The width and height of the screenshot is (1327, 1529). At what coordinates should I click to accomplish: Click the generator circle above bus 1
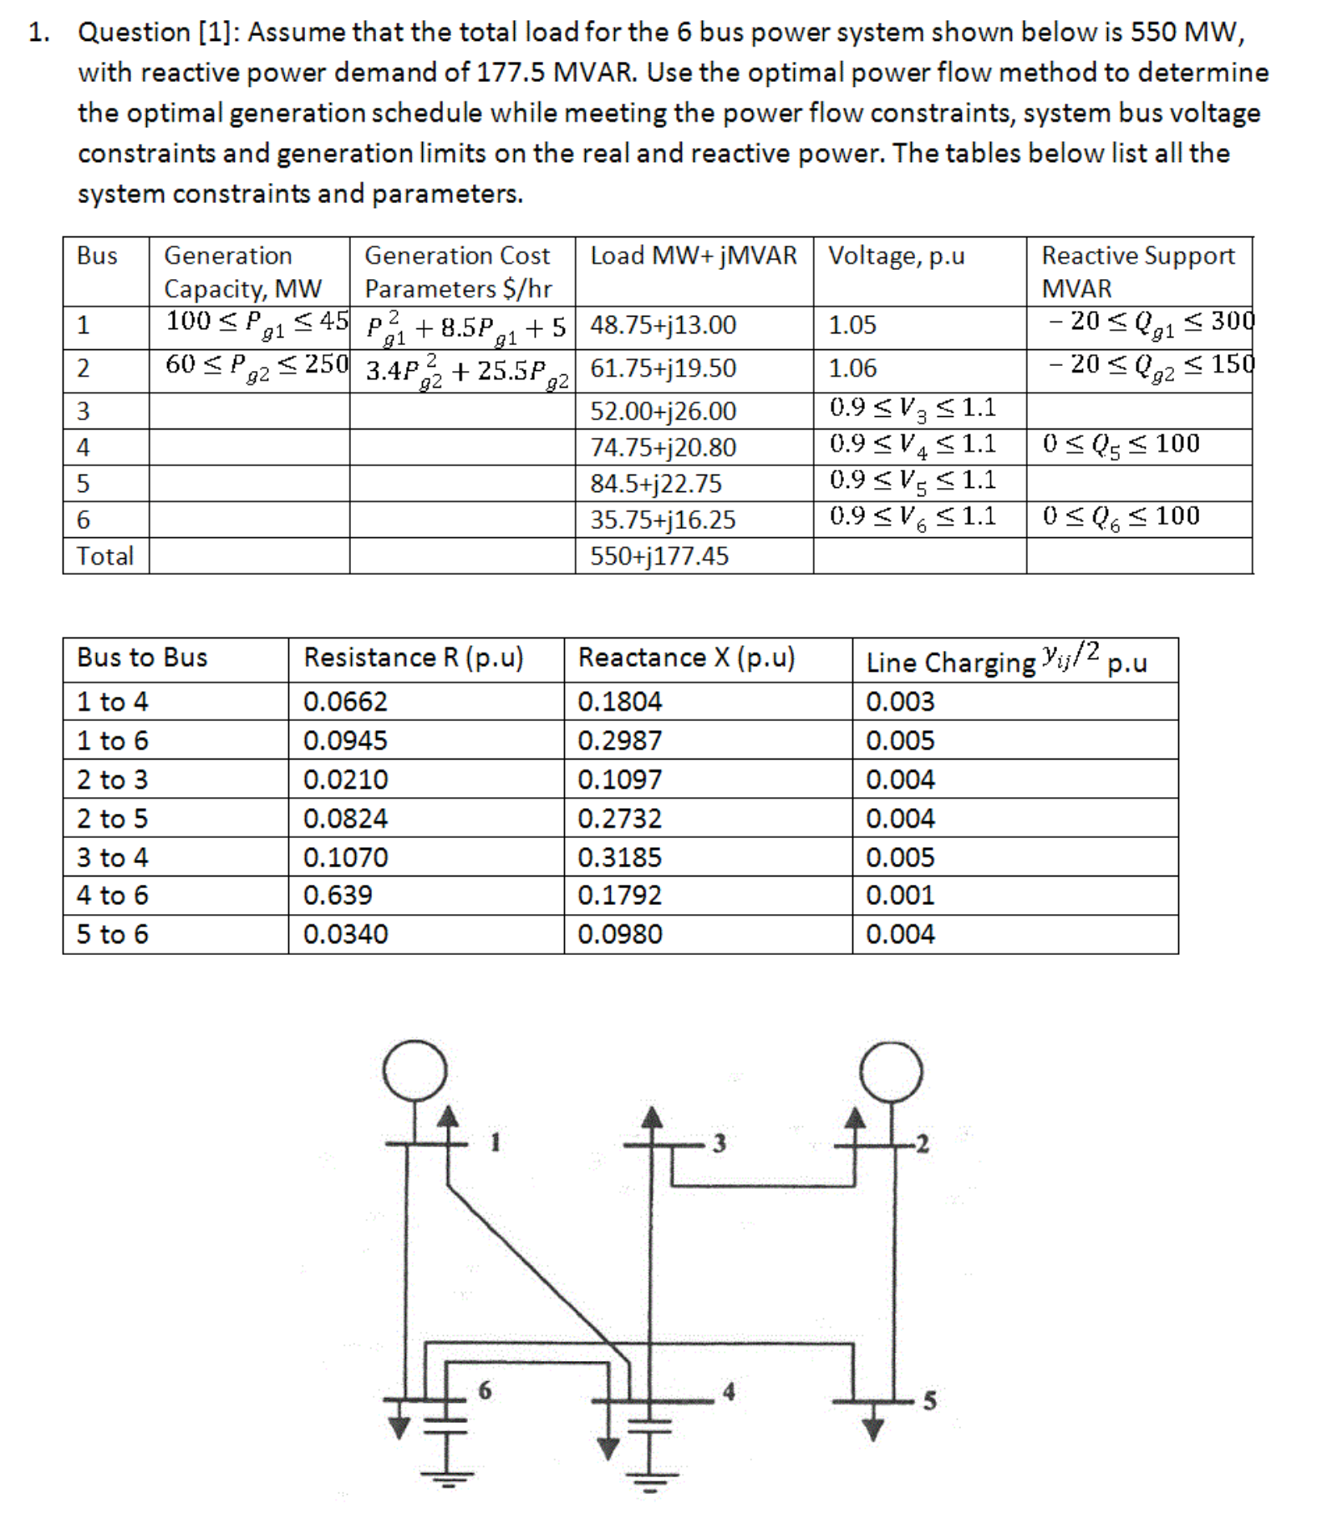click(414, 1070)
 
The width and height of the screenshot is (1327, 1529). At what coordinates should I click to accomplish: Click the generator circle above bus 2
click(892, 1071)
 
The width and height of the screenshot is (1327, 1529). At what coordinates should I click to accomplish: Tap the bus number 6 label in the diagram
click(485, 1390)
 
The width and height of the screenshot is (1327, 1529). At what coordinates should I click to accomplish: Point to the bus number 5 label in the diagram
click(929, 1401)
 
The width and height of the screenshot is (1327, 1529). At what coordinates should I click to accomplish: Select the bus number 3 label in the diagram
click(719, 1143)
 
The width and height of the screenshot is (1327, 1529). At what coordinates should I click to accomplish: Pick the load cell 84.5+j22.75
click(656, 484)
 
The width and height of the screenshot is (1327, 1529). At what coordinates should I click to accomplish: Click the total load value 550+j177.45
click(659, 556)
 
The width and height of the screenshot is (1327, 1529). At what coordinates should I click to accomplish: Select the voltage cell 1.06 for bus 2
click(852, 368)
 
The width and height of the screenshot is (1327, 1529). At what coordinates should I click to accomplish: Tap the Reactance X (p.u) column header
click(686, 658)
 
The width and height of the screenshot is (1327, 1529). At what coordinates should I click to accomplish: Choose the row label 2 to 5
click(112, 819)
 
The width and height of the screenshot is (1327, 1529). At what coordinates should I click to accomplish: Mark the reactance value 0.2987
click(619, 741)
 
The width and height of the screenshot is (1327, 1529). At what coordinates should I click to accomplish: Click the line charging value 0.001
click(900, 896)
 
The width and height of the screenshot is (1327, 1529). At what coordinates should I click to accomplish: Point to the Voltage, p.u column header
click(896, 256)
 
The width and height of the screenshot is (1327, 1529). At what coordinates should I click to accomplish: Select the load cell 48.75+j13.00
click(663, 325)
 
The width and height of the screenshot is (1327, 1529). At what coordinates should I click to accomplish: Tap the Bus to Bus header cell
click(142, 658)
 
